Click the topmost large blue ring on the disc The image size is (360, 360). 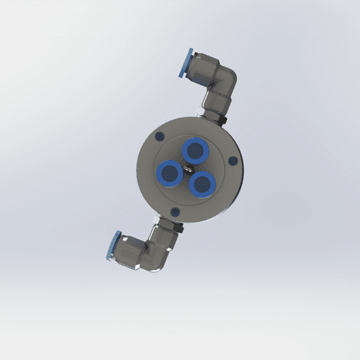click(x=194, y=150)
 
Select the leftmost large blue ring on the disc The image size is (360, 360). click(x=171, y=172)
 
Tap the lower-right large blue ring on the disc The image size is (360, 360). click(x=200, y=183)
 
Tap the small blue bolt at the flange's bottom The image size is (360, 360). click(x=174, y=212)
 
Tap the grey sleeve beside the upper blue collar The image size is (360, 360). click(x=199, y=69)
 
